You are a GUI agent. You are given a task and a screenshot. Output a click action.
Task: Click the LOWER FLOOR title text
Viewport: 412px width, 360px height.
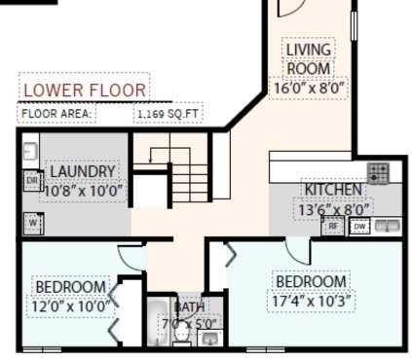pyautogui.click(x=85, y=90)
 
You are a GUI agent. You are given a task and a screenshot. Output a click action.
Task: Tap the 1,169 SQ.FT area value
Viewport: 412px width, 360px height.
pyautogui.click(x=168, y=114)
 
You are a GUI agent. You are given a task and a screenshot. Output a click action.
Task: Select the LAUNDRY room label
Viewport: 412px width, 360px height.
pyautogui.click(x=83, y=171)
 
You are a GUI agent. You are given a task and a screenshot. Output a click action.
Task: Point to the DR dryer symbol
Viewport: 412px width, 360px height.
pyautogui.click(x=33, y=180)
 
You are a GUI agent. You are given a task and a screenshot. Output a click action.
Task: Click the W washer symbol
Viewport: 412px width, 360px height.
pyautogui.click(x=33, y=223)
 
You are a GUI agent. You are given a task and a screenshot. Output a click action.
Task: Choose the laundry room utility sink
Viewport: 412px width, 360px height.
pyautogui.click(x=31, y=151)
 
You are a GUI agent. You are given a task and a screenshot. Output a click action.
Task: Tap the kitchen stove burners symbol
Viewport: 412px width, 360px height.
pyautogui.click(x=378, y=173)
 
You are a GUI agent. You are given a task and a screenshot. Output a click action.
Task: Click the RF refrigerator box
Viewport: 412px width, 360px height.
pyautogui.click(x=333, y=226)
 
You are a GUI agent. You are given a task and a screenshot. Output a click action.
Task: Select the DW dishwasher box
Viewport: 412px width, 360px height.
pyautogui.click(x=359, y=227)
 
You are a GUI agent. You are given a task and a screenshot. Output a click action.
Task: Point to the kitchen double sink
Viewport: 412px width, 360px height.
pyautogui.click(x=387, y=226)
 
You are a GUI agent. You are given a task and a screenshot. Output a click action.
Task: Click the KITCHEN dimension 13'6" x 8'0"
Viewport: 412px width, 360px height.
pyautogui.click(x=334, y=210)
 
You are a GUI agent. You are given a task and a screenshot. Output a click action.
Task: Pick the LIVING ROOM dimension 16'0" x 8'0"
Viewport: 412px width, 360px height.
pyautogui.click(x=309, y=89)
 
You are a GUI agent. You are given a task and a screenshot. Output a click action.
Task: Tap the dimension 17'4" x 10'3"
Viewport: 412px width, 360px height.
pyautogui.click(x=312, y=302)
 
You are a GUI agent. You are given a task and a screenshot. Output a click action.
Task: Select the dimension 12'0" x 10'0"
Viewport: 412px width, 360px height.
pyautogui.click(x=71, y=306)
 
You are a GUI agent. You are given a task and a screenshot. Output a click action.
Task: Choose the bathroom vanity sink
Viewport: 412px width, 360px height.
pyautogui.click(x=210, y=339)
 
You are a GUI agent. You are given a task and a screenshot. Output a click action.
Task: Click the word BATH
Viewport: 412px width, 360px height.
pyautogui.click(x=190, y=306)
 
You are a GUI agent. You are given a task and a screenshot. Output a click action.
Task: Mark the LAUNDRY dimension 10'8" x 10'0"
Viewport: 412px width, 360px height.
pyautogui.click(x=83, y=192)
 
